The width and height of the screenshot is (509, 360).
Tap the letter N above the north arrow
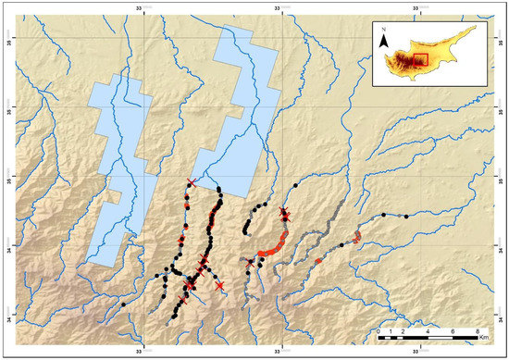383,29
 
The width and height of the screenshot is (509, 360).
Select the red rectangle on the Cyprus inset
420,60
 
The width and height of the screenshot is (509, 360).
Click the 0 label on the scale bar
379,330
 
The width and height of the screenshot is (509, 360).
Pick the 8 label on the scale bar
476,330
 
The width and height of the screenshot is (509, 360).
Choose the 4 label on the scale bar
427,330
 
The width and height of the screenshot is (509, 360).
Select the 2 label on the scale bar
403,330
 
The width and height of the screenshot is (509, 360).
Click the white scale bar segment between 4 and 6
439,338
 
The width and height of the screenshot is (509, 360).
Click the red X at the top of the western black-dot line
191,182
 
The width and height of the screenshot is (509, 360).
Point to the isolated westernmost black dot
123,304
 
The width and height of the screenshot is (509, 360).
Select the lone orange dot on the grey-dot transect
317,261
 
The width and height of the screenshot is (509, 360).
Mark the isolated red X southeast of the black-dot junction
218,286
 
